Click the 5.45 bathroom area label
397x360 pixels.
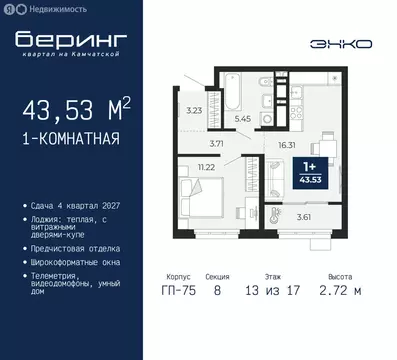pyautogui.click(x=241, y=118)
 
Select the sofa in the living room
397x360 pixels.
pyautogui.click(x=270, y=177)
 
